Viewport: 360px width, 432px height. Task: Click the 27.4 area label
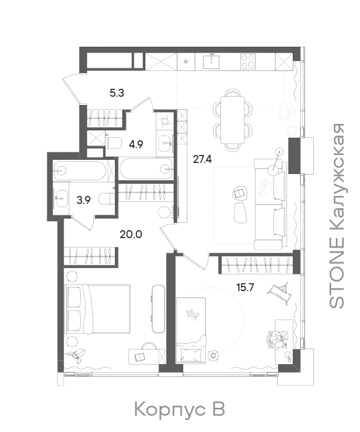pyautogui.click(x=202, y=159)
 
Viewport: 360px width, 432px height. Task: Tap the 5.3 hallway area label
pyautogui.click(x=117, y=93)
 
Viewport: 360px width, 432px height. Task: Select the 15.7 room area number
pyautogui.click(x=245, y=287)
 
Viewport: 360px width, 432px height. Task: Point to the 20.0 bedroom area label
pyautogui.click(x=131, y=235)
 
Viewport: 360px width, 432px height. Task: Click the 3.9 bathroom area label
pyautogui.click(x=83, y=200)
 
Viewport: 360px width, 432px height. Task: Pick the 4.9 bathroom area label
pyautogui.click(x=136, y=144)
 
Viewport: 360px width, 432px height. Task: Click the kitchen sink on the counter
pyautogui.click(x=211, y=62)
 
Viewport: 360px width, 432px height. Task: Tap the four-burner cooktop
pyautogui.click(x=248, y=61)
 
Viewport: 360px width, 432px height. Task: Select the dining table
pyautogui.click(x=232, y=120)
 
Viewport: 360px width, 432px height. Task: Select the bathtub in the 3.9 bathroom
pyautogui.click(x=80, y=171)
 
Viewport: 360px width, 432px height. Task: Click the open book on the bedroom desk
pyautogui.click(x=140, y=357)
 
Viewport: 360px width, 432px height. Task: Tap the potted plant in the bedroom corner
pyautogui.click(x=76, y=355)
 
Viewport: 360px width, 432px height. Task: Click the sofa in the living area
pyautogui.click(x=270, y=204)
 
